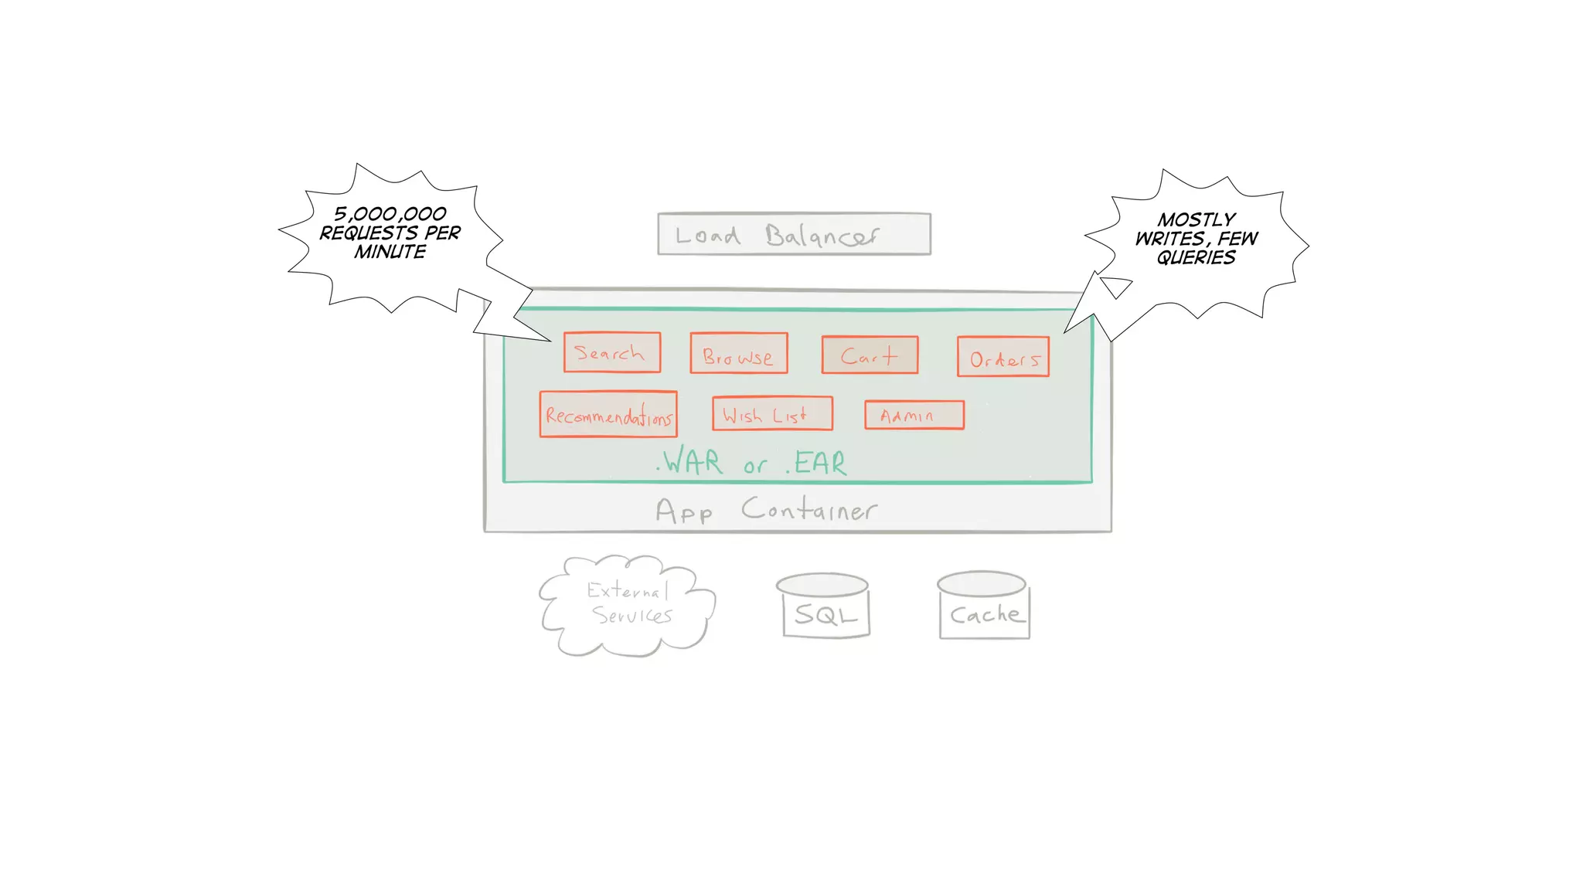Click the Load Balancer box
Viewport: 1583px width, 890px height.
(x=794, y=233)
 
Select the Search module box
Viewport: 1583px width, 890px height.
(x=611, y=352)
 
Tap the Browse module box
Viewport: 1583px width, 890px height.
(x=738, y=353)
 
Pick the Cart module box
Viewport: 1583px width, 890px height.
(x=870, y=355)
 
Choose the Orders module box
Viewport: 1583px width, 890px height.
(x=1003, y=357)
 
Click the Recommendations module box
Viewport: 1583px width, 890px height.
(x=608, y=415)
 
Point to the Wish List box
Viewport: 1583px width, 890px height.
(x=771, y=414)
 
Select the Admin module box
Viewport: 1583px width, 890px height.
(x=914, y=415)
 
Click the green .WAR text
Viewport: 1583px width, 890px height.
(x=690, y=462)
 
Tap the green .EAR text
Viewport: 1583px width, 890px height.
(x=817, y=463)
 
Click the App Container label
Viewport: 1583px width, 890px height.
(x=765, y=510)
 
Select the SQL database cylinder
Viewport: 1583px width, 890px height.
(x=825, y=606)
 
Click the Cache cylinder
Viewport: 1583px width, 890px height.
(x=983, y=606)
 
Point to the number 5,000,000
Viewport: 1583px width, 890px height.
(x=390, y=213)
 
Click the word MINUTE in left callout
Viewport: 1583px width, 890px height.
(x=390, y=252)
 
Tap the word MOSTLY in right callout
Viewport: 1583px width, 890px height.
(x=1196, y=219)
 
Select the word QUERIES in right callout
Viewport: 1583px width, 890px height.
(x=1196, y=257)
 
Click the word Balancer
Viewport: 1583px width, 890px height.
(x=822, y=236)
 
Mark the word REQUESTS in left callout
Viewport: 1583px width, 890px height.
(x=369, y=233)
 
